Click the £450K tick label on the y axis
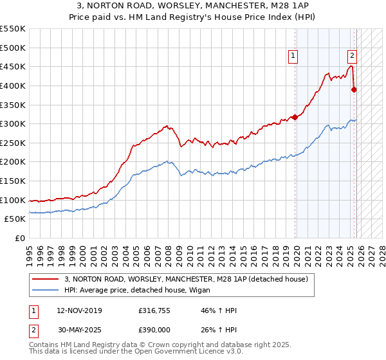pos(13,66)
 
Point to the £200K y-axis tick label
pos(13,162)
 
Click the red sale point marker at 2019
pos(295,117)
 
